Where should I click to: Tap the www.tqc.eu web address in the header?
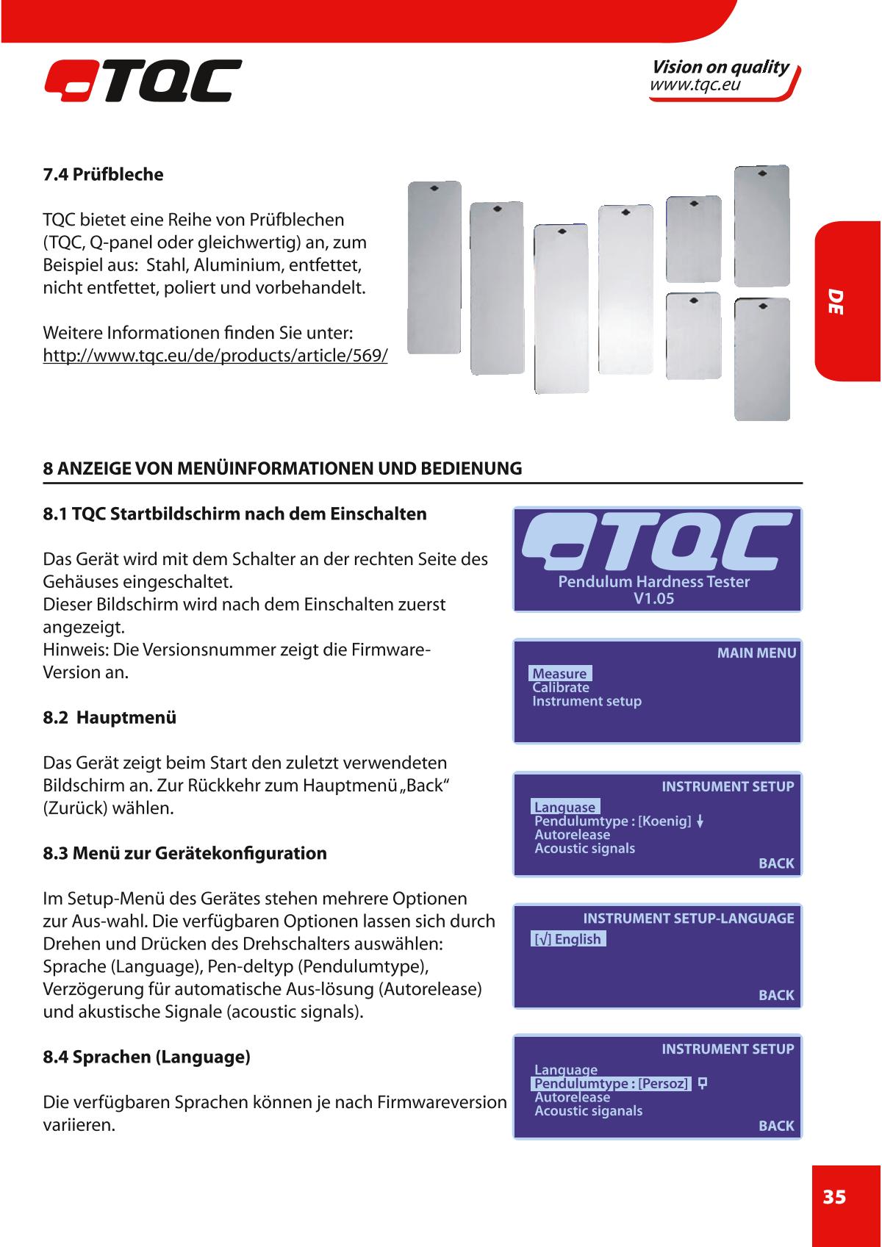[694, 86]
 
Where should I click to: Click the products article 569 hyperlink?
[215, 356]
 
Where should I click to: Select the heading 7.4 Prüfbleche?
[103, 175]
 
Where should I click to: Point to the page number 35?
[834, 1198]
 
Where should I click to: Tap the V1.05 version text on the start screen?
[653, 598]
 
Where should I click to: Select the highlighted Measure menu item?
[560, 674]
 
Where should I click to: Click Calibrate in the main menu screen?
[561, 688]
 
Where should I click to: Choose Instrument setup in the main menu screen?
[587, 701]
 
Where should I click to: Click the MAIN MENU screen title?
[756, 653]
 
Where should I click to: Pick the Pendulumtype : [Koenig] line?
[612, 821]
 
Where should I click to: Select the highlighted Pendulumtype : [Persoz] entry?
[611, 1084]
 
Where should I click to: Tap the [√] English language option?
[568, 939]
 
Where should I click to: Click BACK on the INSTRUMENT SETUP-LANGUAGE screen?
[776, 995]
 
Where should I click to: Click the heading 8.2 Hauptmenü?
[110, 717]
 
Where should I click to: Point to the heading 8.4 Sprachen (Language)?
[147, 1057]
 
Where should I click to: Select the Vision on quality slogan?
[720, 68]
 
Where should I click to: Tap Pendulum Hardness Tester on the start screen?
[653, 582]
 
